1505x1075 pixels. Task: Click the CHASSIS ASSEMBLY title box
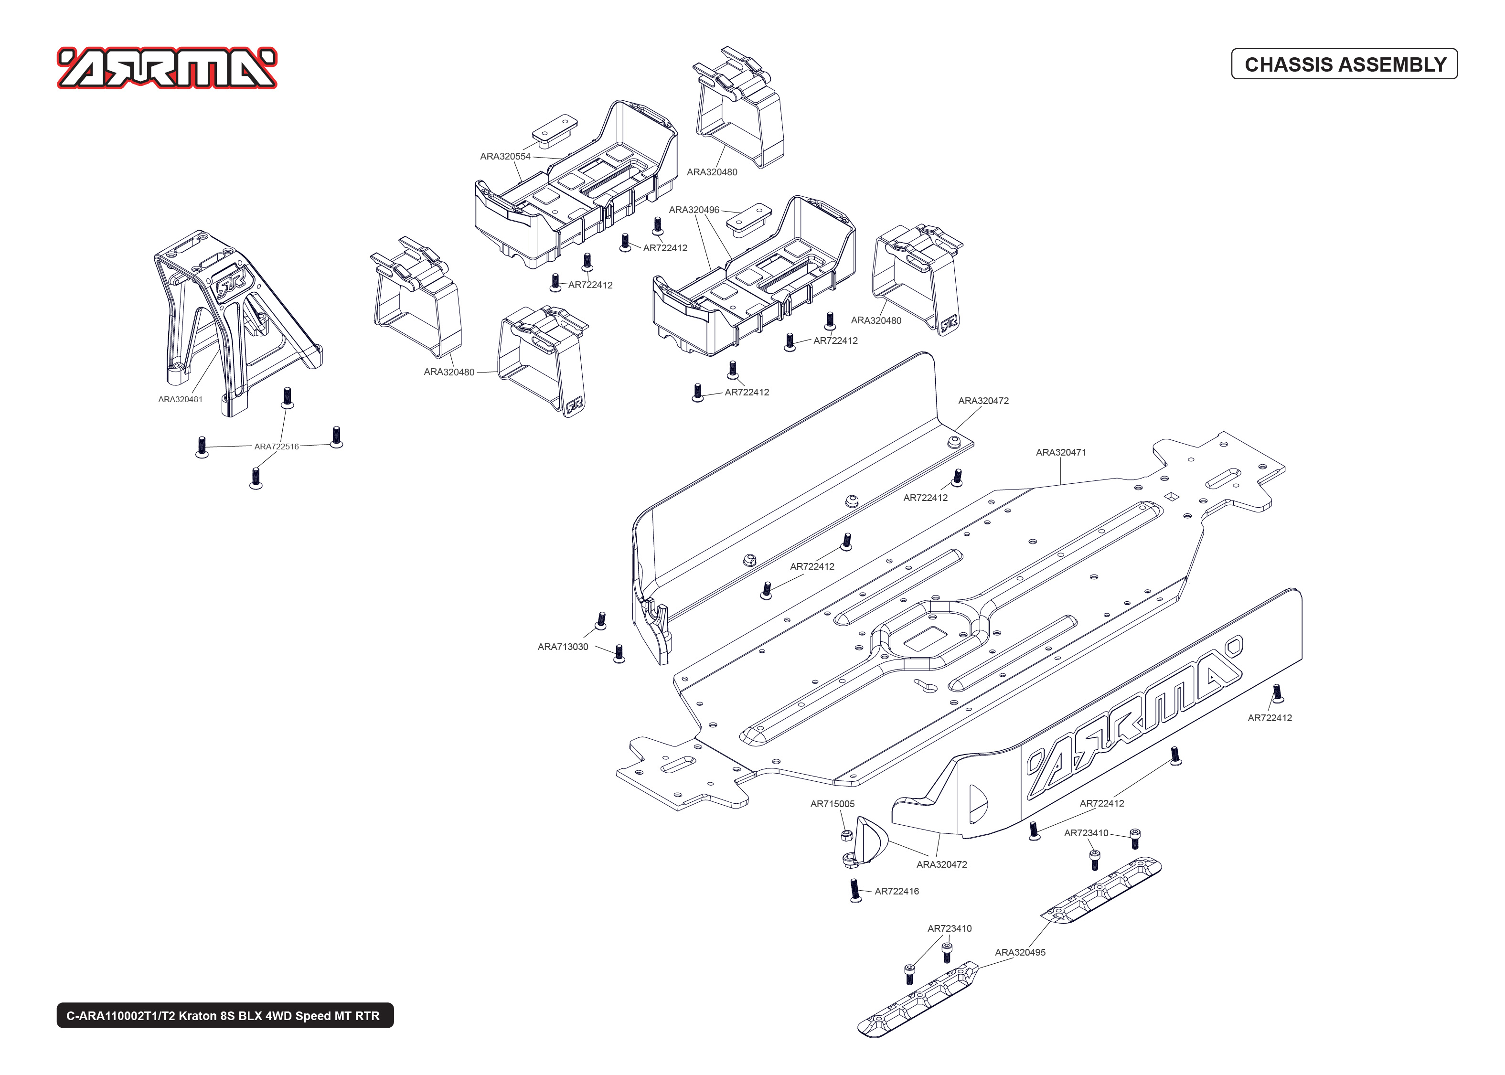[1344, 64]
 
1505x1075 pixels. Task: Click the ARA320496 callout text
[694, 210]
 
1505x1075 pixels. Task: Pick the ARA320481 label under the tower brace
[180, 399]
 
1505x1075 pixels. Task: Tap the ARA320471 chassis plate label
[1060, 453]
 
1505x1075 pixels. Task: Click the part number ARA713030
[563, 647]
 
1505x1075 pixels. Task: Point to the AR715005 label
[832, 804]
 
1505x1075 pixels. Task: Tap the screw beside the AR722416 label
[855, 890]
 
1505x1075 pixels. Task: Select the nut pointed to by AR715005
[846, 835]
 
